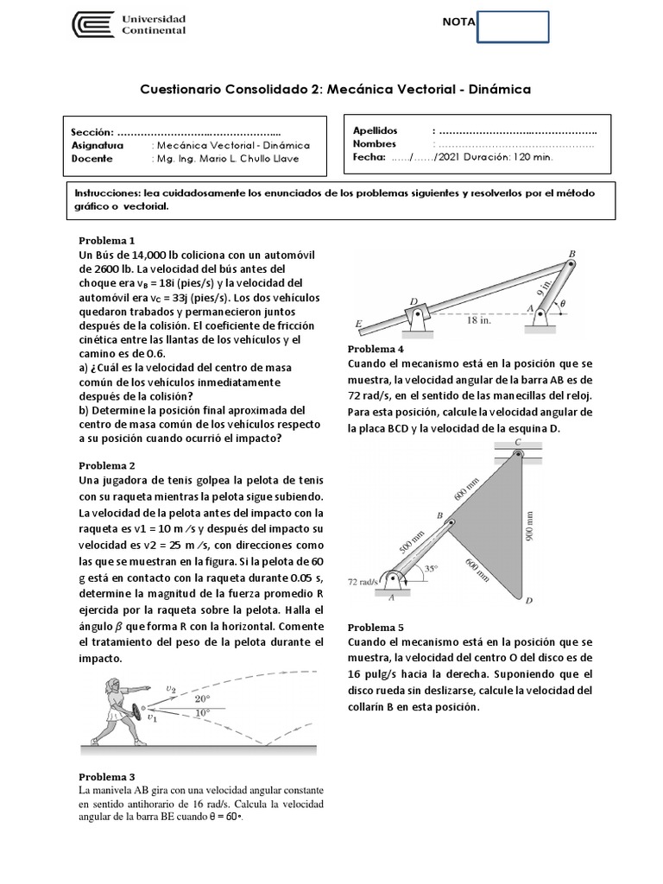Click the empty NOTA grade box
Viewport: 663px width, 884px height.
513,26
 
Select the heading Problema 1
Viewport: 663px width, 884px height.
107,240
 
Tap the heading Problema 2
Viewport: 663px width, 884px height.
107,465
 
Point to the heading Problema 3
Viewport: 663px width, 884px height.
107,776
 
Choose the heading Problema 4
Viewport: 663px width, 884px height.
376,349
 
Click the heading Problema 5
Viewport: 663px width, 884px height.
376,628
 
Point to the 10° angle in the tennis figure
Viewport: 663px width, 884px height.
201,713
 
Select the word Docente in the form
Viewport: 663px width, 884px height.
92,159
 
